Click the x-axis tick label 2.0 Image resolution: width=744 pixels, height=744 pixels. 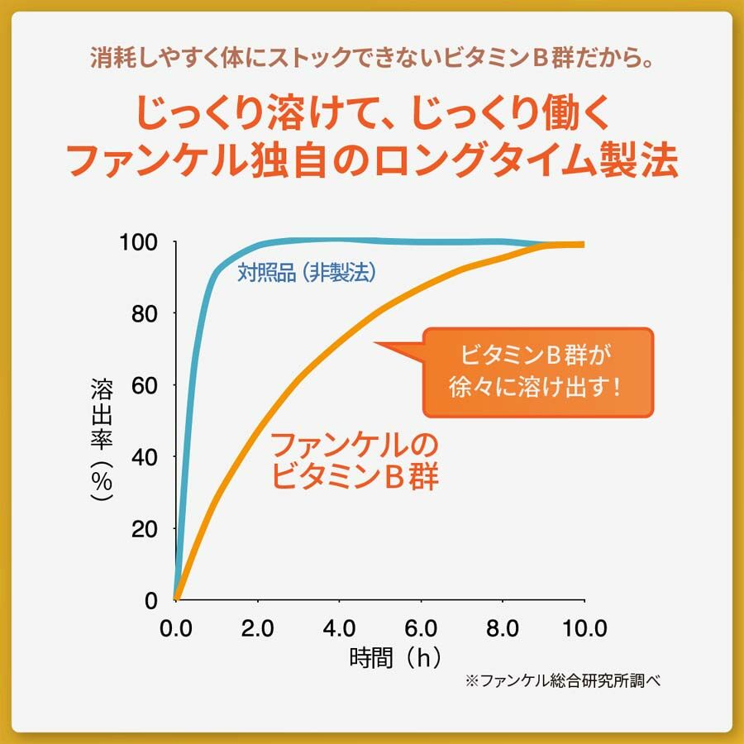coord(258,627)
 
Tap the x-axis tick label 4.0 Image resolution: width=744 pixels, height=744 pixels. coord(340,627)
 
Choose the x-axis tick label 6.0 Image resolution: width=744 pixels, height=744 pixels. coord(422,627)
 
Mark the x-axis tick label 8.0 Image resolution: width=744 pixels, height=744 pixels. coord(503,627)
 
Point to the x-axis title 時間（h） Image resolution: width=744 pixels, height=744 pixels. coord(395,659)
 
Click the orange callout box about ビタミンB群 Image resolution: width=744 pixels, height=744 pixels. coord(537,371)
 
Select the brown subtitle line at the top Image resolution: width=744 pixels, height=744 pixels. coord(372,60)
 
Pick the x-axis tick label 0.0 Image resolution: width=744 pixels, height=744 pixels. coord(176,627)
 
